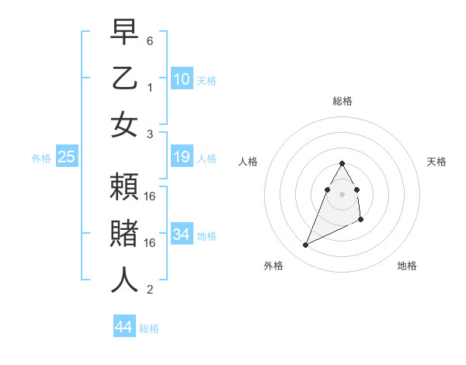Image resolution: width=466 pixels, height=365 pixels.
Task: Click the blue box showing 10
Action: (x=182, y=78)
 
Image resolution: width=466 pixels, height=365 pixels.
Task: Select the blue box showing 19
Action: (x=182, y=158)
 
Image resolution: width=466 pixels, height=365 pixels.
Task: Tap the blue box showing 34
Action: (x=182, y=234)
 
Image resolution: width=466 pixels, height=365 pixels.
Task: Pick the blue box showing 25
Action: (x=66, y=158)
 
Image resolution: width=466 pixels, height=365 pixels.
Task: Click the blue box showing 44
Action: (x=123, y=327)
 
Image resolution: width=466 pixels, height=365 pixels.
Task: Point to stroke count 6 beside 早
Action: (x=150, y=40)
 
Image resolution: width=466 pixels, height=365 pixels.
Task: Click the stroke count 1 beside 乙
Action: (x=150, y=87)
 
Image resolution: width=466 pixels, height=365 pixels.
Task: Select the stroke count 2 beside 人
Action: (x=150, y=290)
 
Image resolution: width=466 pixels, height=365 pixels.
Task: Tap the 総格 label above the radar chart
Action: (x=343, y=101)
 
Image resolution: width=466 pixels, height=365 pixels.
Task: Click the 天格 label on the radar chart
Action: (x=437, y=162)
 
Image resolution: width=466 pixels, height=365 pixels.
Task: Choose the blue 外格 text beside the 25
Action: (x=41, y=158)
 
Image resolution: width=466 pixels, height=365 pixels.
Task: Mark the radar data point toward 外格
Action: (x=306, y=245)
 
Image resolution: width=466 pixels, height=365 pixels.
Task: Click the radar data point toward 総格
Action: (x=343, y=163)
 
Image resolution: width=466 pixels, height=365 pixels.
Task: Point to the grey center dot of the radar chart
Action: (x=343, y=193)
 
